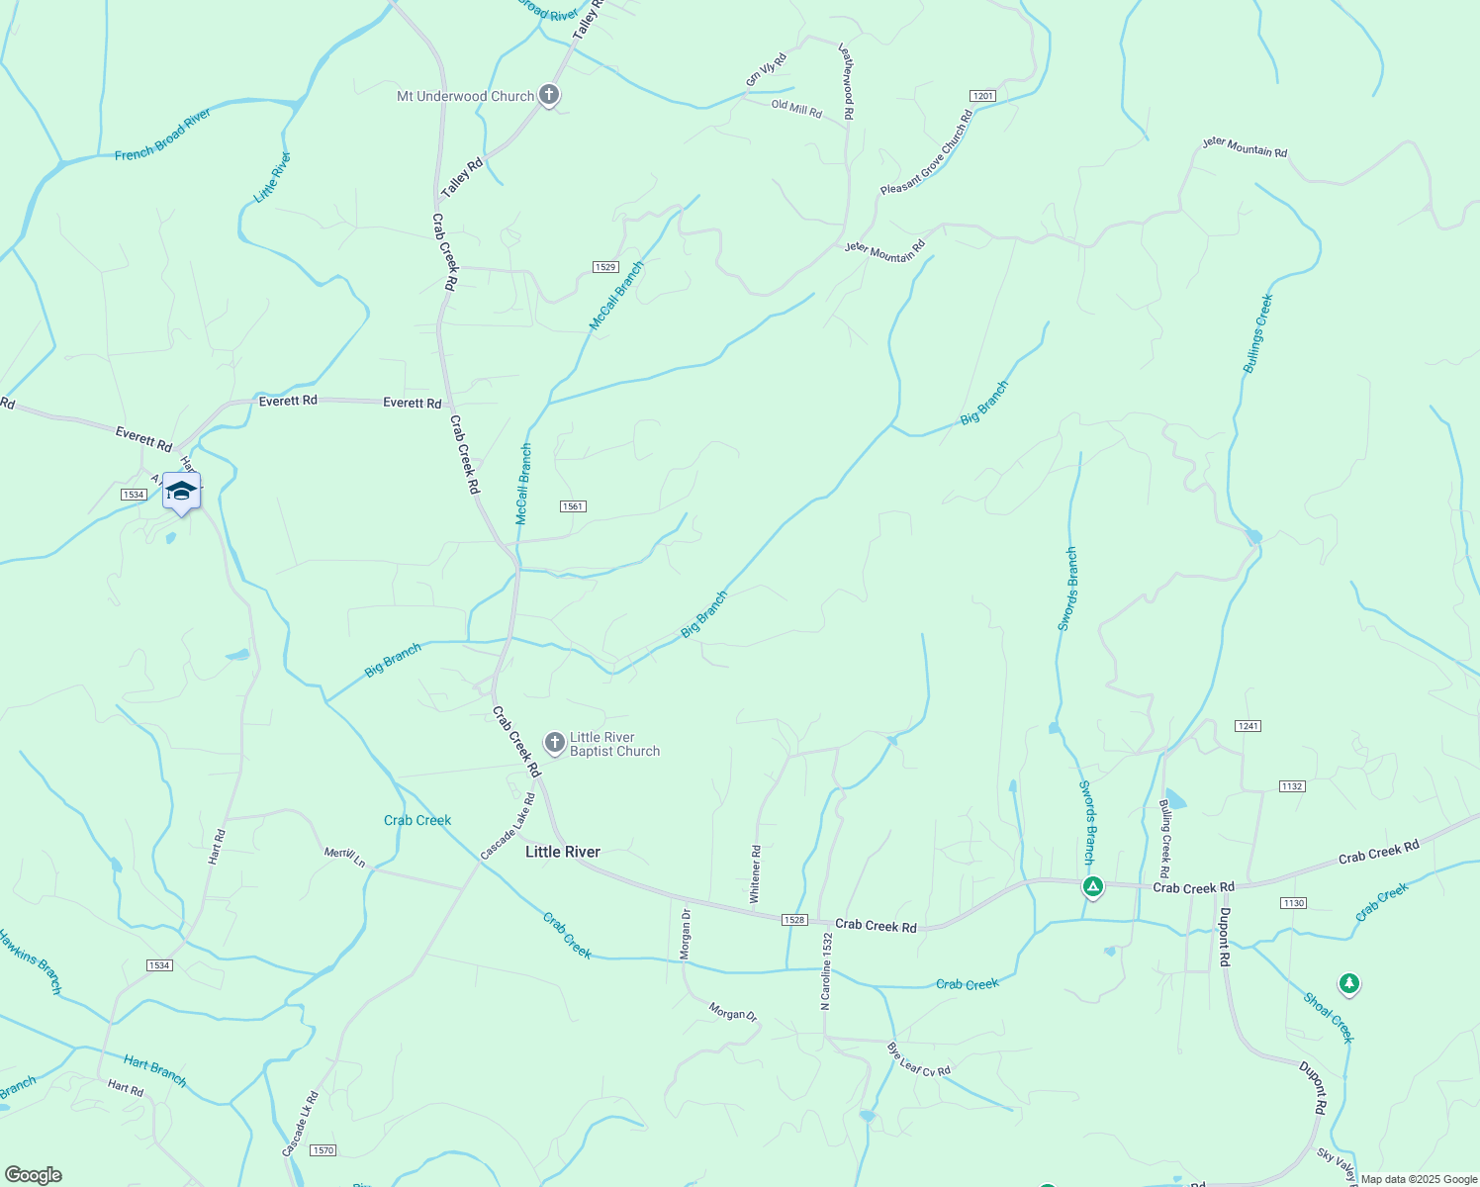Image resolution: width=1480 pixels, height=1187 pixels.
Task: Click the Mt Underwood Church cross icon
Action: click(x=549, y=96)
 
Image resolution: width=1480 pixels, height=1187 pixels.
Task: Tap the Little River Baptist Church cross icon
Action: click(x=555, y=742)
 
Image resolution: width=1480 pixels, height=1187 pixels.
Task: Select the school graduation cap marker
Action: click(x=181, y=491)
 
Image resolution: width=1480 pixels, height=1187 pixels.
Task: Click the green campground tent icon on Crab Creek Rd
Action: click(x=1092, y=886)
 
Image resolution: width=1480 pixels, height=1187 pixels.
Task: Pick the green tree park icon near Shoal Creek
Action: click(x=1348, y=983)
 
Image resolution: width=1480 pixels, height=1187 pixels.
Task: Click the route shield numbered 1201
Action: click(x=982, y=96)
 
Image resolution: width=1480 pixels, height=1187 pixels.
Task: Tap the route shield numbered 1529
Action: click(x=605, y=267)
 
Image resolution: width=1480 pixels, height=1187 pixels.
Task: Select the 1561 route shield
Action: click(x=573, y=506)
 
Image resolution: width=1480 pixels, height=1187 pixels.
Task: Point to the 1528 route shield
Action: click(x=794, y=920)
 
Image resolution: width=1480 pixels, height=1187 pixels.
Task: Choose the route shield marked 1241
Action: click(x=1248, y=726)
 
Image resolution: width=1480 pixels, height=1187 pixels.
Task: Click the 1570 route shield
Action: click(x=324, y=1150)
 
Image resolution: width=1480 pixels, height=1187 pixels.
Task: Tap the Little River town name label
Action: click(x=563, y=852)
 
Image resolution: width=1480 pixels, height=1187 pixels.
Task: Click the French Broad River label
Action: click(x=162, y=135)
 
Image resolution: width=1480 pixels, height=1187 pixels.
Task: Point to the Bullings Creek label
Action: click(x=1257, y=333)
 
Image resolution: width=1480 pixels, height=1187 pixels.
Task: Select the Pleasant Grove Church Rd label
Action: click(x=927, y=153)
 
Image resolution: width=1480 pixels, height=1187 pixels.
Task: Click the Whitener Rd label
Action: click(x=755, y=873)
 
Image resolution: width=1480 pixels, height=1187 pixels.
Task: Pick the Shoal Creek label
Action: click(x=1328, y=1018)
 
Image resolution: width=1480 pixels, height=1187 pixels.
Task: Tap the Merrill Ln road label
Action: click(x=345, y=857)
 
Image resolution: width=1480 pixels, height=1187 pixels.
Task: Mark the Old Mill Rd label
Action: click(x=796, y=108)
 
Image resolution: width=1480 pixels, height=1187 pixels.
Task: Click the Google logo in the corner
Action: click(x=33, y=1175)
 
